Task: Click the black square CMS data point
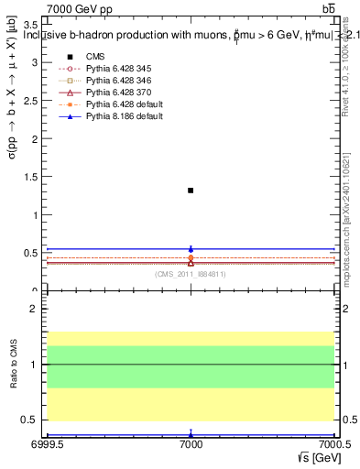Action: pyautogui.click(x=191, y=191)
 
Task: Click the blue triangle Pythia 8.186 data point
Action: pyautogui.click(x=191, y=248)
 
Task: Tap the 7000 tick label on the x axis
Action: pyautogui.click(x=191, y=444)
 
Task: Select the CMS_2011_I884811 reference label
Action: pyautogui.click(x=191, y=274)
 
